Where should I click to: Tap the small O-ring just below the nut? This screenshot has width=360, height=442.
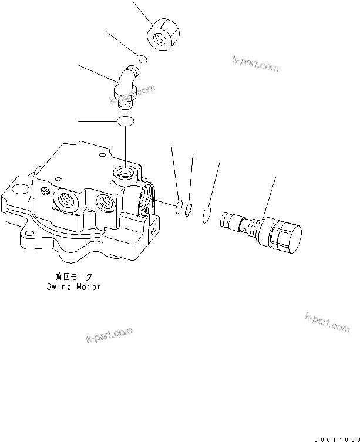pos(142,58)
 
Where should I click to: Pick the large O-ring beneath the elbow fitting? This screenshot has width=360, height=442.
pos(126,122)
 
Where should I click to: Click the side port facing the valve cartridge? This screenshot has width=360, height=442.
pos(144,199)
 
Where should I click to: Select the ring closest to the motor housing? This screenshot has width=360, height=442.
pos(179,206)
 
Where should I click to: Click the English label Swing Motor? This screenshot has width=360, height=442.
pos(73,287)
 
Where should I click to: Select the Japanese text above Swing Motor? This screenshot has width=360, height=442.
pos(73,276)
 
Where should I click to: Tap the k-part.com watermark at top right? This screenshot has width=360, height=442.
pos(255,64)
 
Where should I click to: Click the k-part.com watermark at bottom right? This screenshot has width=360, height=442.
pos(327,322)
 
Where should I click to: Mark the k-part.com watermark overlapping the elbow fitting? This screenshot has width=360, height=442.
pos(132,96)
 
